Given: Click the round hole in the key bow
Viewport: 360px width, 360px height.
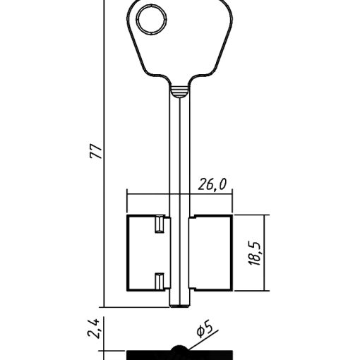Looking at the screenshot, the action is (x=152, y=20).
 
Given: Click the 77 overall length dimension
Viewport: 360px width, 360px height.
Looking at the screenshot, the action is (x=96, y=150).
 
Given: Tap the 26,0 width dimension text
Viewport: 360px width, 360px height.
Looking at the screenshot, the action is (x=212, y=184).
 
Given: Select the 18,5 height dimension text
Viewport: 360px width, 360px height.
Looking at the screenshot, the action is (x=255, y=253).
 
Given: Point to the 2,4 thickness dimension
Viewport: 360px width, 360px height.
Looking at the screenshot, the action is (x=92, y=328).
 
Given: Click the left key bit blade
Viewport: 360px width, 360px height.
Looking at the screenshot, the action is (x=149, y=253).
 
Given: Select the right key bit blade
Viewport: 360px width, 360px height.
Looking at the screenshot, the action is (x=210, y=253).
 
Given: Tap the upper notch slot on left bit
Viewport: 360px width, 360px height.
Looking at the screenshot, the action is (x=160, y=224).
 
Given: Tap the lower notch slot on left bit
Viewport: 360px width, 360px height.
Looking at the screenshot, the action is (x=160, y=282).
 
